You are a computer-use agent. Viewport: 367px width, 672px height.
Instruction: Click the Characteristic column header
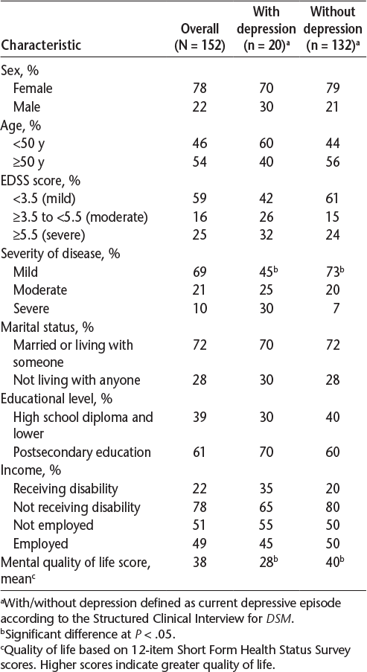click(x=41, y=45)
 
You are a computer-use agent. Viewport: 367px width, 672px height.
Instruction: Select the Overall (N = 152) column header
click(x=200, y=36)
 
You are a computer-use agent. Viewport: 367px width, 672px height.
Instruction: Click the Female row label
click(x=33, y=88)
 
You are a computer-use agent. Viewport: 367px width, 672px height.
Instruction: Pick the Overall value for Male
click(x=200, y=106)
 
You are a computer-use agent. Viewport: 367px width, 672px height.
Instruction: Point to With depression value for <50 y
click(x=267, y=143)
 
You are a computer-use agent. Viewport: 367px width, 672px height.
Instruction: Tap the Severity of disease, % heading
click(x=60, y=254)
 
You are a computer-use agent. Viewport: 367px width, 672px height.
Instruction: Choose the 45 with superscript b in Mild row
click(x=269, y=272)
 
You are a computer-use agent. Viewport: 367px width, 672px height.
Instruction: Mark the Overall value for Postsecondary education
click(x=200, y=452)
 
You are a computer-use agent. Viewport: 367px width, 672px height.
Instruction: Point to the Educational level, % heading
click(x=57, y=399)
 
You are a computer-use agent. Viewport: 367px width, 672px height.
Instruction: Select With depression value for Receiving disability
click(x=267, y=489)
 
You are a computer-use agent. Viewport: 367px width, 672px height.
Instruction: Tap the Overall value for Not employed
click(x=200, y=525)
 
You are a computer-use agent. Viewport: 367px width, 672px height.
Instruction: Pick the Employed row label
click(x=41, y=544)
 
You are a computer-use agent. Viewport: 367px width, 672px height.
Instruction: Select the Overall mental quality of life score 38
click(x=200, y=562)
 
